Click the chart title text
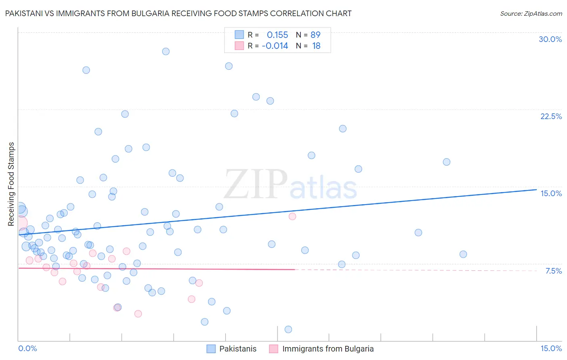pyautogui.click(x=178, y=13)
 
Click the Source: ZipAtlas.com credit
pyautogui.click(x=531, y=13)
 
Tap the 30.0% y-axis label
pyautogui.click(x=550, y=39)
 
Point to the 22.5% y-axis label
pyautogui.click(x=551, y=116)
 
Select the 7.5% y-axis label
pyautogui.click(x=553, y=271)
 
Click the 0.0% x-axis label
pyautogui.click(x=27, y=348)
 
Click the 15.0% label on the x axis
pyautogui.click(x=551, y=348)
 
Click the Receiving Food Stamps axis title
pyautogui.click(x=11, y=184)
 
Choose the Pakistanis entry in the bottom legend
pyautogui.click(x=238, y=349)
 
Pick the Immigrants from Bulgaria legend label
pyautogui.click(x=328, y=349)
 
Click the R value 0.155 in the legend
pyautogui.click(x=277, y=35)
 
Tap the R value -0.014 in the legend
pyautogui.click(x=275, y=46)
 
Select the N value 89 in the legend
pyautogui.click(x=315, y=35)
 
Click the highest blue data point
pyautogui.click(x=166, y=51)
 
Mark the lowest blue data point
pyautogui.click(x=288, y=329)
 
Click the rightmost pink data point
pyautogui.click(x=292, y=216)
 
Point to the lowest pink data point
pyautogui.click(x=138, y=314)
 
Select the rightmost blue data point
pyautogui.click(x=463, y=254)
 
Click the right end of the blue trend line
pyautogui.click(x=536, y=189)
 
